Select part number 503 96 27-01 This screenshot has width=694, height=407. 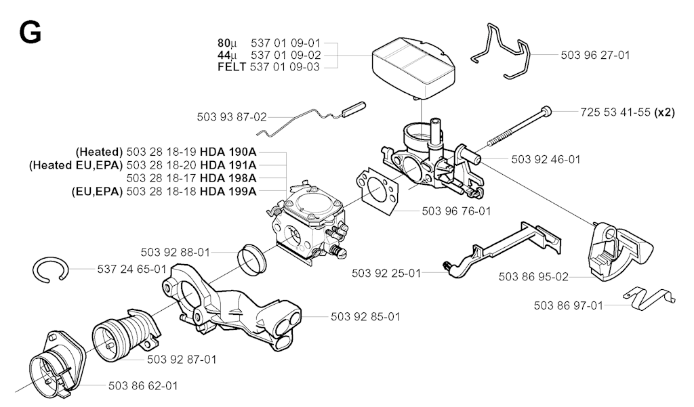point(595,56)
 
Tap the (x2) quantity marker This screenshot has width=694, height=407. point(664,112)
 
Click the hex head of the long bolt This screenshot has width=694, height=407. point(548,110)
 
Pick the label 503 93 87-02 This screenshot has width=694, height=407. point(232,117)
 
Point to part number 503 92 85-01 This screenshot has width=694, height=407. point(365,316)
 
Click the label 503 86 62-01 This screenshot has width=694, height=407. point(143,386)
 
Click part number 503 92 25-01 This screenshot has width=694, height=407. point(386,274)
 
